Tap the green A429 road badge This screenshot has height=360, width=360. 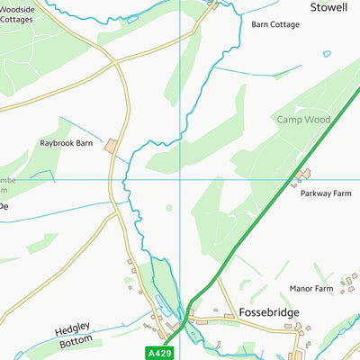point(157,352)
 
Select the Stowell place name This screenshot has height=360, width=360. point(328,6)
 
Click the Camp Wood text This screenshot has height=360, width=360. point(303,120)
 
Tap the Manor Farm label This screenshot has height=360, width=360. point(311,289)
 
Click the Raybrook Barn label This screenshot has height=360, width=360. point(67,143)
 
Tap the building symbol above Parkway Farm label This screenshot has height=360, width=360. point(304,174)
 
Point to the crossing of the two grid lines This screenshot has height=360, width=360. point(180,179)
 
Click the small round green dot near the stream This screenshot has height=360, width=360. point(168,208)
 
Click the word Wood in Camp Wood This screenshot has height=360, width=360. point(317,120)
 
